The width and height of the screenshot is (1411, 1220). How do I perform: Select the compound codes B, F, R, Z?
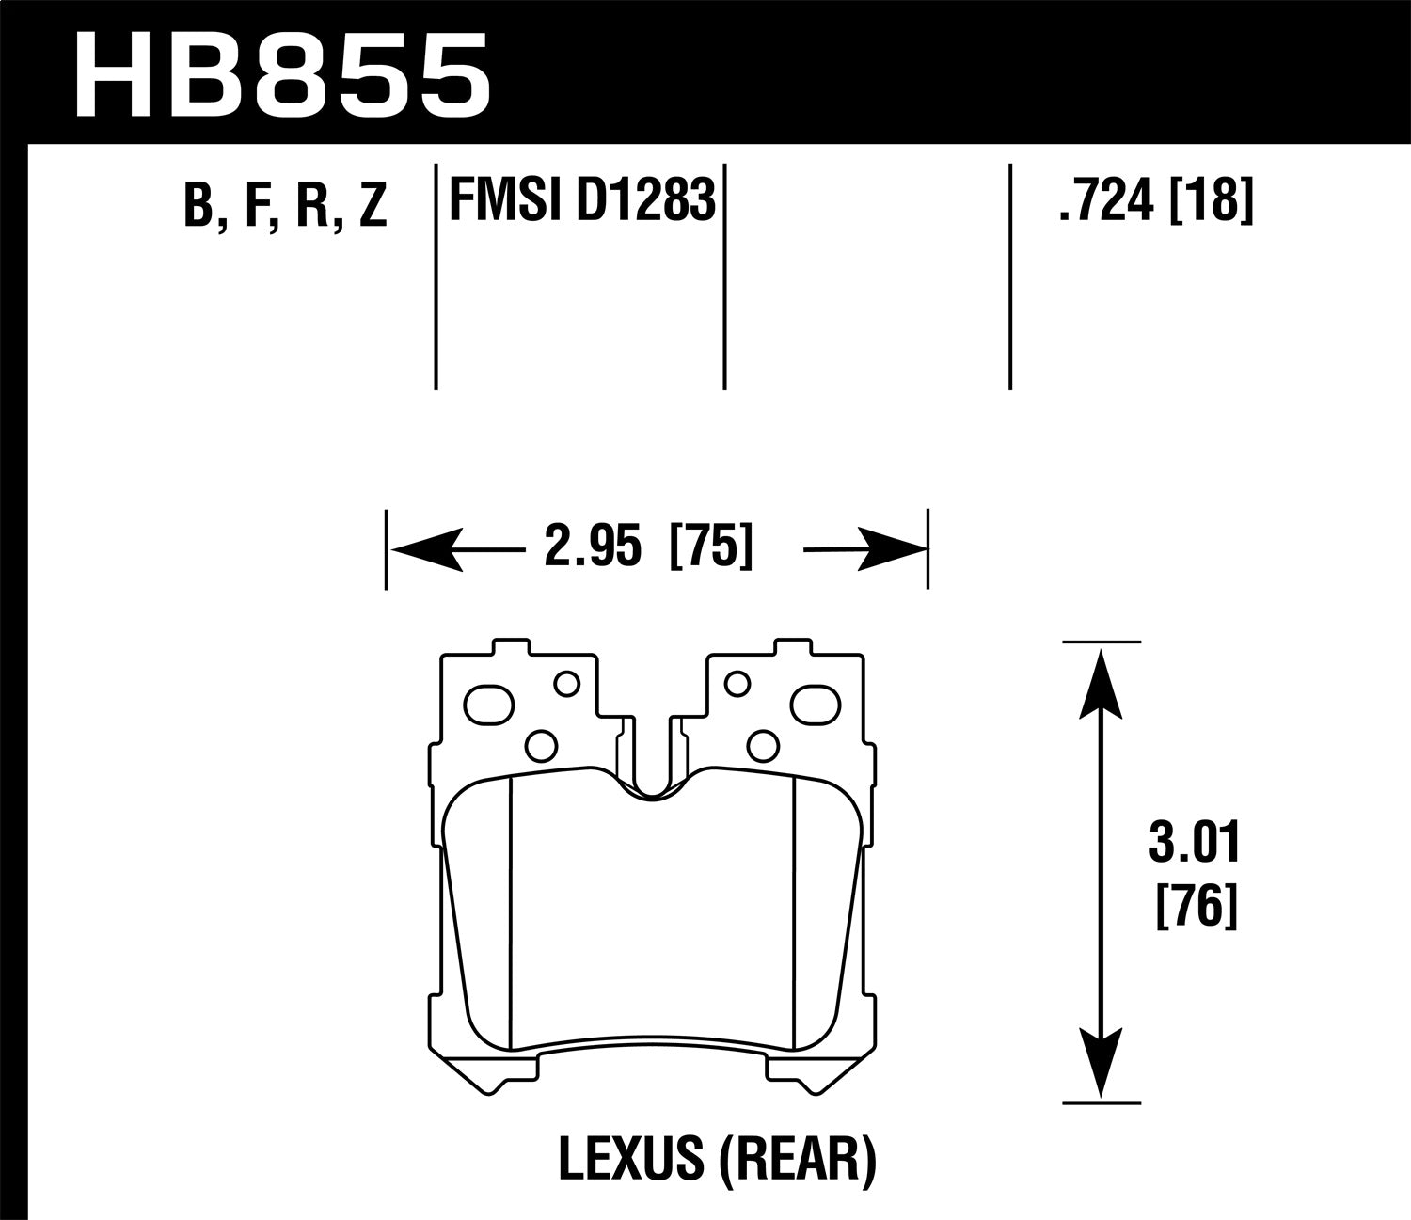coord(285,205)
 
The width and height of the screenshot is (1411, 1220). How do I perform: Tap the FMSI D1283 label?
coord(582,200)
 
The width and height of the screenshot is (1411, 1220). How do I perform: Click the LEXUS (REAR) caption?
coord(717,1159)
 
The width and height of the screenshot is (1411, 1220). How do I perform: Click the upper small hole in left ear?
coord(566,684)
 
